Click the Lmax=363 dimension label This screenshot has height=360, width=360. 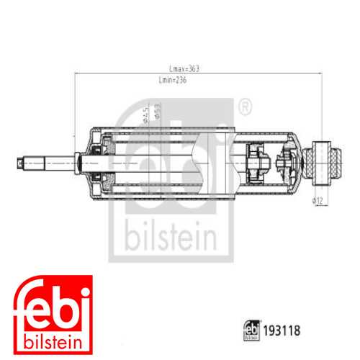pos(183,69)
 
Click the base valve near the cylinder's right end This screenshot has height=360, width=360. pos(287,162)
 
